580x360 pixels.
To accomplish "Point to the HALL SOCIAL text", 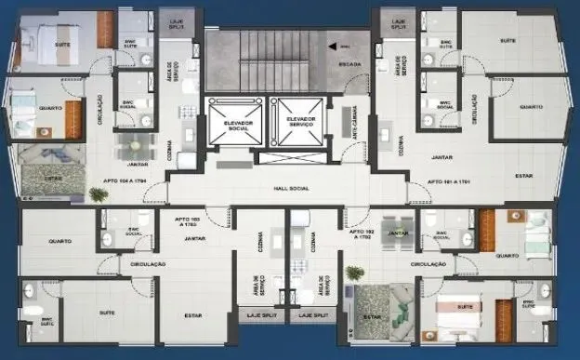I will point(290,188).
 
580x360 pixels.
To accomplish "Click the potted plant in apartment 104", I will point(98,194).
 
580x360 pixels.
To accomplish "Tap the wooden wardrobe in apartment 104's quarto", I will point(73,119).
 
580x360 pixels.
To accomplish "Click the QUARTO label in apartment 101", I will point(531,107).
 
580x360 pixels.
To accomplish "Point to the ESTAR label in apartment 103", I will point(193,315).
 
